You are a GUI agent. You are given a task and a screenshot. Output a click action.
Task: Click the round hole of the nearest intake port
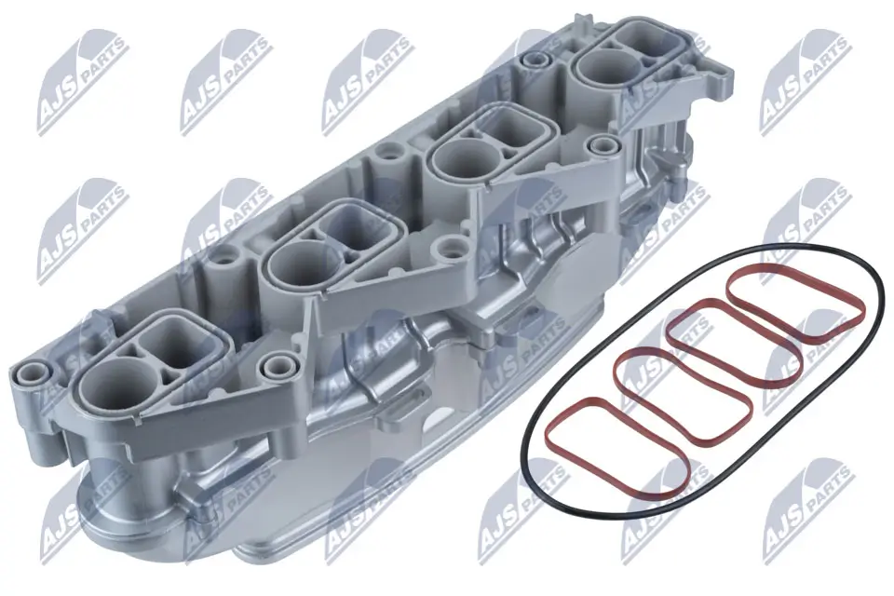coord(113,384)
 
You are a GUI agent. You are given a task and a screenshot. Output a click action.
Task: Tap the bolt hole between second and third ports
coord(454,248)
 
